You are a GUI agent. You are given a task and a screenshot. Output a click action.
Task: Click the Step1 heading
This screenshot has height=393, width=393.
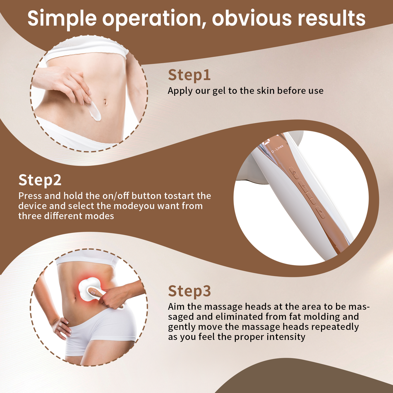point(189,75)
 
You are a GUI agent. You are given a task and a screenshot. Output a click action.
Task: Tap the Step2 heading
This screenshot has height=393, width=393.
point(40,180)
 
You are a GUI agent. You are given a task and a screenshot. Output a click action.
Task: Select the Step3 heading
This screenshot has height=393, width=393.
point(189,291)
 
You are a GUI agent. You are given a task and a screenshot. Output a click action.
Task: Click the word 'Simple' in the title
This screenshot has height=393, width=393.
point(62,19)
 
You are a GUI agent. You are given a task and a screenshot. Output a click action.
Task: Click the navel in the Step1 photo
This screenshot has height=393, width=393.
point(105,102)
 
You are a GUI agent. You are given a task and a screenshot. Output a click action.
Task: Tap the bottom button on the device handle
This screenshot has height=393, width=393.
point(320,213)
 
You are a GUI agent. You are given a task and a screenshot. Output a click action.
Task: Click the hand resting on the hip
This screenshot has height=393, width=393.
point(61,327)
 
